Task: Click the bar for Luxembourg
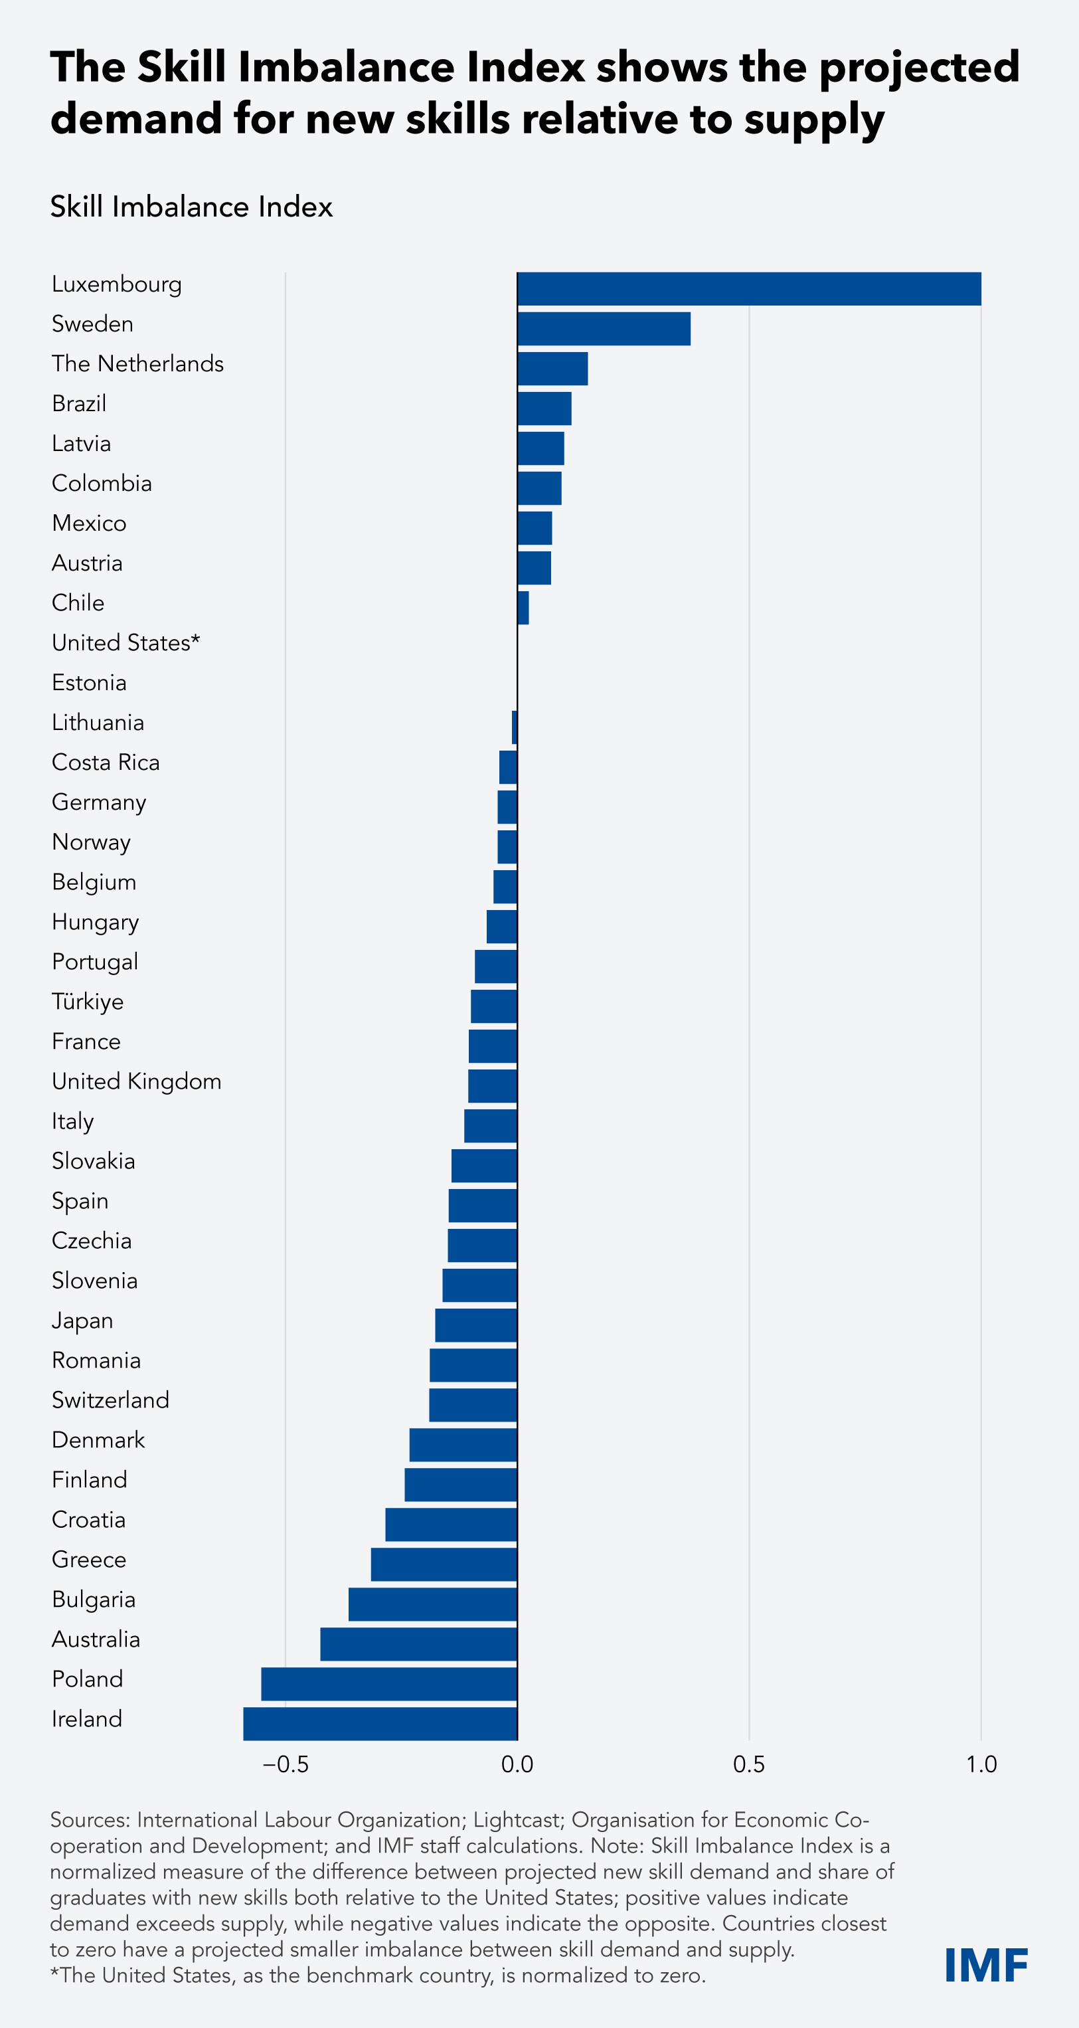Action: (748, 289)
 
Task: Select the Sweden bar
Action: (604, 328)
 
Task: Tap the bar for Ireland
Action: (380, 1722)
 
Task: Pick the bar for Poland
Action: (389, 1683)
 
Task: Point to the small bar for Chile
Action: (523, 608)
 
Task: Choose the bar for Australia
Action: (419, 1644)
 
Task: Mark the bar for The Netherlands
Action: (552, 369)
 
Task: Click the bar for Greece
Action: (444, 1564)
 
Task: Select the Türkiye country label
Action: (88, 1002)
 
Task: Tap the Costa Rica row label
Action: (106, 762)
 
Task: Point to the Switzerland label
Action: (110, 1400)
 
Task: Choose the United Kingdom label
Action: (136, 1081)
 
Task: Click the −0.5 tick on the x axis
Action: (285, 1764)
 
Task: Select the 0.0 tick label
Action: (517, 1764)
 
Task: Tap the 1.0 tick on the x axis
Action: (981, 1764)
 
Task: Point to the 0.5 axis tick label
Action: (748, 1764)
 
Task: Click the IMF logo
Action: (986, 1965)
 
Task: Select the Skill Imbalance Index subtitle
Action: (191, 207)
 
